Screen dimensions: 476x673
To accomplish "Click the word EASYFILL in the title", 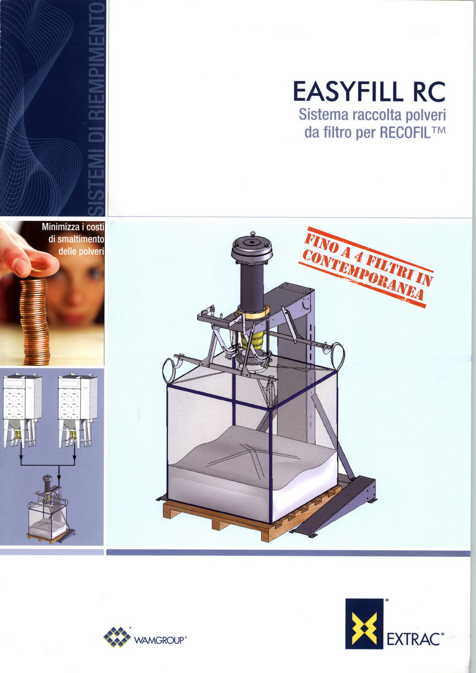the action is [x=348, y=91].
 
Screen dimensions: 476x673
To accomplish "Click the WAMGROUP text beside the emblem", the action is [x=159, y=640].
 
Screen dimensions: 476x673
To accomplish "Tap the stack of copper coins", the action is [x=35, y=321].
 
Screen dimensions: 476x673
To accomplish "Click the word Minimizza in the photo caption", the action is [x=61, y=227].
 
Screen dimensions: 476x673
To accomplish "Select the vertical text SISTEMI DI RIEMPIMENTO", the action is [x=98, y=108].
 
